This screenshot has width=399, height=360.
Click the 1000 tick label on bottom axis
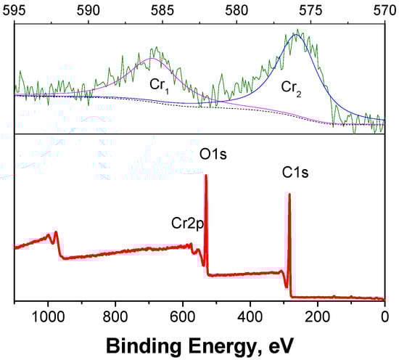point(48,316)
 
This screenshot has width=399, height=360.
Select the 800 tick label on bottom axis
point(115,316)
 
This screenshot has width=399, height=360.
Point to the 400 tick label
point(250,316)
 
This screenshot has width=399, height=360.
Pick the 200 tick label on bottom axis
point(317,316)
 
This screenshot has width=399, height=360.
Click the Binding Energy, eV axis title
point(199,343)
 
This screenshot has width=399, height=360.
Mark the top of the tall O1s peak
point(206,175)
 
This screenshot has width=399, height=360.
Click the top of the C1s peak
point(289,194)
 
